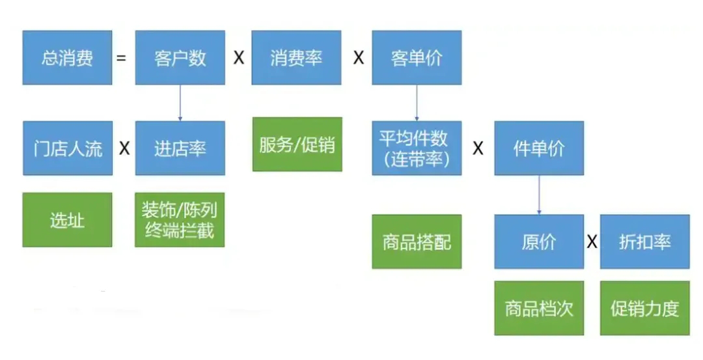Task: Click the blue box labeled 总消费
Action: pos(67,57)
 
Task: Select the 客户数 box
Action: pos(180,57)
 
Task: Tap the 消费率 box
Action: pos(296,57)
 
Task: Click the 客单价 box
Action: pos(417,57)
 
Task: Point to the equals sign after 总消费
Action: pos(121,58)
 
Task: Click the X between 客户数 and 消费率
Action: pos(239,58)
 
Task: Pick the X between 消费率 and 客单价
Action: pos(358,58)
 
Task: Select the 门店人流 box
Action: pos(68,148)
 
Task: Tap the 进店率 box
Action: pos(180,148)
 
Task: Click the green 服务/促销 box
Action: pos(297,144)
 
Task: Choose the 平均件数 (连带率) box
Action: pos(417,148)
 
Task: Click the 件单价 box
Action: pos(539,148)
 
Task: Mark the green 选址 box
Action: pos(67,219)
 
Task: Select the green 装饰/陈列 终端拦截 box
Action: pos(180,219)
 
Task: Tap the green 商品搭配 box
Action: pos(417,242)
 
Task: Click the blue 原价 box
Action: pos(539,242)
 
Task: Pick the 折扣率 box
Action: pos(644,242)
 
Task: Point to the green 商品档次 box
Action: pos(539,308)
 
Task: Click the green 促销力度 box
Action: pos(644,308)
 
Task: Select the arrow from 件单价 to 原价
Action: pos(539,195)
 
